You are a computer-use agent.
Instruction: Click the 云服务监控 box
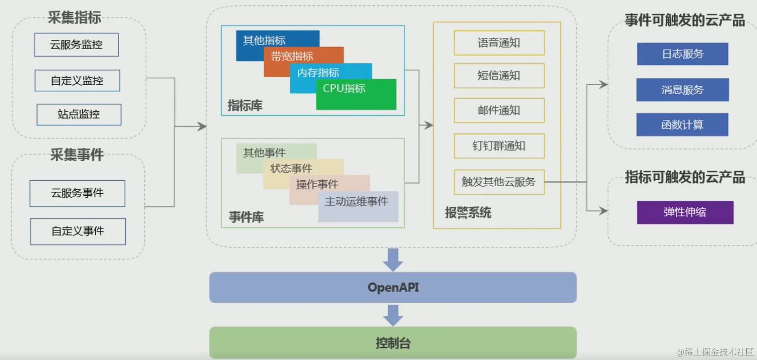pos(76,45)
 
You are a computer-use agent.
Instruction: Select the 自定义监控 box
pos(77,81)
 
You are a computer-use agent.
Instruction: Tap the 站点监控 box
pos(79,115)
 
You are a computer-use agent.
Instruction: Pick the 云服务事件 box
pos(77,193)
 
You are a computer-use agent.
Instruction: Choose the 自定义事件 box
pos(78,231)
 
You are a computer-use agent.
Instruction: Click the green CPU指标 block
pos(356,95)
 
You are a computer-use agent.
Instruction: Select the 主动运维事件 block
pos(358,206)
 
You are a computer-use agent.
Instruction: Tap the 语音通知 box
pos(499,43)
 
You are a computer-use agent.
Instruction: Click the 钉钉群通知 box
pos(499,146)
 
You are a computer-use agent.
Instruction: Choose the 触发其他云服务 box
pos(499,182)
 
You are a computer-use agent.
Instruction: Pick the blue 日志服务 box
pos(682,54)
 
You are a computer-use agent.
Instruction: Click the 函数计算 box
pos(682,125)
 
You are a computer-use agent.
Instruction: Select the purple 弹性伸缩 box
pos(685,212)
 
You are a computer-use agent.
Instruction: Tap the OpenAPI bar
pos(393,287)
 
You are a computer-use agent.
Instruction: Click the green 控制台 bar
pos(393,343)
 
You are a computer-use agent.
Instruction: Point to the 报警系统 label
pos(468,212)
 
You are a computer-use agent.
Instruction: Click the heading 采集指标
pos(74,17)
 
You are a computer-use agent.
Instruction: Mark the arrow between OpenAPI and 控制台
pos(393,315)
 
